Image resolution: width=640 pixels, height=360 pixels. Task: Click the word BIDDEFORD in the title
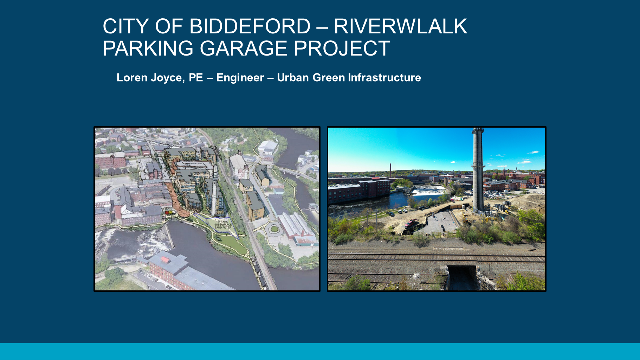pyautogui.click(x=250, y=26)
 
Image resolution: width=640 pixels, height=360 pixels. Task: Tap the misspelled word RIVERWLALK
pyautogui.click(x=400, y=26)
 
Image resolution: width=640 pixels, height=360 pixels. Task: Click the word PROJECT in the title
pyautogui.click(x=342, y=48)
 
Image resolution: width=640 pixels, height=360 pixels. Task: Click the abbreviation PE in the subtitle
pyautogui.click(x=196, y=78)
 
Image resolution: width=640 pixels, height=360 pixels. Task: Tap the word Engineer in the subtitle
pyautogui.click(x=240, y=78)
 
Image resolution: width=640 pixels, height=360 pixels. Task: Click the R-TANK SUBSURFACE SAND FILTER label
pyautogui.click(x=223, y=225)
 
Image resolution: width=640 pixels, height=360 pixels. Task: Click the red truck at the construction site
pyautogui.click(x=411, y=223)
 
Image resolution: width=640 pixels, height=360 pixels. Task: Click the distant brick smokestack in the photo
pyautogui.click(x=390, y=171)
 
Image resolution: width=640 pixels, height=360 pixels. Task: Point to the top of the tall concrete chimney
pyautogui.click(x=478, y=131)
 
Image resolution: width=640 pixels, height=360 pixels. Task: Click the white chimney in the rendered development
pyautogui.click(x=214, y=190)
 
